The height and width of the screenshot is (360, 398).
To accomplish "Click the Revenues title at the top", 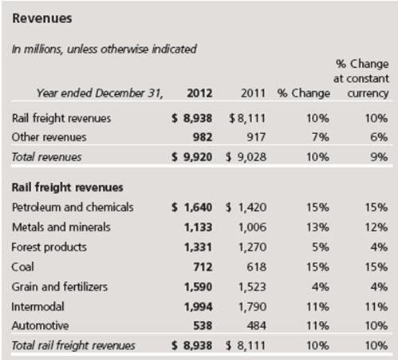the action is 42,18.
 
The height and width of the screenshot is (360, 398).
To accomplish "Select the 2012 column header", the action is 199,93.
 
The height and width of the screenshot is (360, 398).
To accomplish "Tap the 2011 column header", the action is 253,93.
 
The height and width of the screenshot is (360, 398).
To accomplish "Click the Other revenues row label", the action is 49,137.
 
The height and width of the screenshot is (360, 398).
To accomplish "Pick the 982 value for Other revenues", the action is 203,137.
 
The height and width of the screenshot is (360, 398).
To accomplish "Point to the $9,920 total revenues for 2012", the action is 192,157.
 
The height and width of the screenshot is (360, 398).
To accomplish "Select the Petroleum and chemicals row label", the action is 73,208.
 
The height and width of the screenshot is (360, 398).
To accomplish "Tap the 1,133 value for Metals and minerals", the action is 199,227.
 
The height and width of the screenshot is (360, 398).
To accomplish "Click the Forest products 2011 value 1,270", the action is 252,247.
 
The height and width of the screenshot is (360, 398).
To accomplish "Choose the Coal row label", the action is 22,267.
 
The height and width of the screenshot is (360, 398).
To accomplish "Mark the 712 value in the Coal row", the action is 203,267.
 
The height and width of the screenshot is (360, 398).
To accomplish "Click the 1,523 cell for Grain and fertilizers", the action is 252,287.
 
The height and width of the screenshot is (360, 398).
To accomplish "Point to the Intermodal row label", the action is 37,307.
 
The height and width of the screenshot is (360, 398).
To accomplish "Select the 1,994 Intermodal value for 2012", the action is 199,307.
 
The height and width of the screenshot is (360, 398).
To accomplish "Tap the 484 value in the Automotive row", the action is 257,326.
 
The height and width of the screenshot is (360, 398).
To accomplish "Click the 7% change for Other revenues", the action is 321,137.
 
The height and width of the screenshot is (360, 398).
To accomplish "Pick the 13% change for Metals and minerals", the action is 318,227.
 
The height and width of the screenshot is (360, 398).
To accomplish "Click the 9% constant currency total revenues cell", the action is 379,157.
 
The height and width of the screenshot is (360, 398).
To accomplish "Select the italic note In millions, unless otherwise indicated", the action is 104,49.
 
